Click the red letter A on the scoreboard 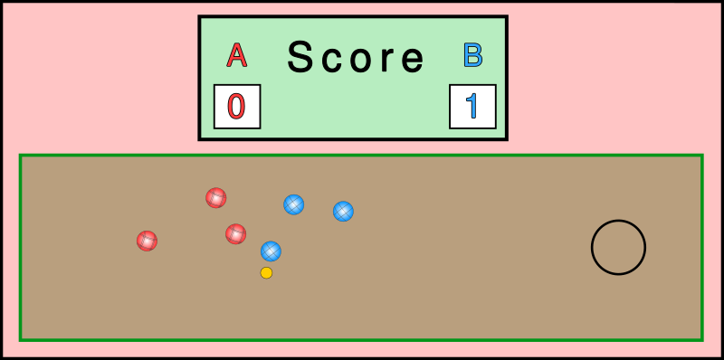click(236, 56)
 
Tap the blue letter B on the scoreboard click(472, 56)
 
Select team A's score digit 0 click(236, 107)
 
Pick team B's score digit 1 click(472, 107)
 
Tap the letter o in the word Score click(360, 60)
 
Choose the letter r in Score click(386, 60)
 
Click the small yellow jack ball click(266, 272)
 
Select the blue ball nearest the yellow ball click(271, 251)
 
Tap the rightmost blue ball click(343, 211)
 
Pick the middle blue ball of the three click(293, 204)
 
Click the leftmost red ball click(147, 241)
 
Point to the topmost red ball click(215, 197)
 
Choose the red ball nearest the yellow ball click(235, 233)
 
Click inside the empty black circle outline click(618, 247)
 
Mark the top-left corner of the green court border click(21, 156)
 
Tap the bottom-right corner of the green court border click(701, 339)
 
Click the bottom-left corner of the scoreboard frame click(200, 138)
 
